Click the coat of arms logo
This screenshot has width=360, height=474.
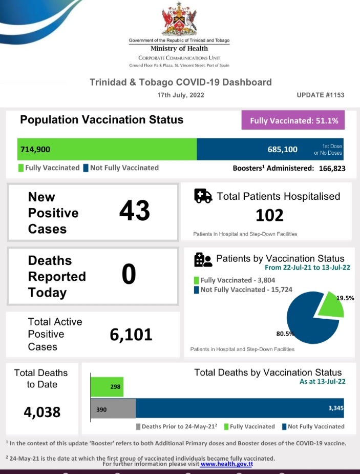[179, 20]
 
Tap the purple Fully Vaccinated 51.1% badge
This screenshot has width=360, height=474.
[293, 121]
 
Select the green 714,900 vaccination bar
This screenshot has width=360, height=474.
[107, 149]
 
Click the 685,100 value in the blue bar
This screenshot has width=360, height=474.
[282, 149]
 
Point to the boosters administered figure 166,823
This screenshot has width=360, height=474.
[330, 168]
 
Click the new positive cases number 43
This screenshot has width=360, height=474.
[134, 211]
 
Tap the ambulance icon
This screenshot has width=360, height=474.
[203, 196]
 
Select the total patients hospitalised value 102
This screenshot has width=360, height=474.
[269, 215]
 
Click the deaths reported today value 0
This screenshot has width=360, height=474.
[129, 275]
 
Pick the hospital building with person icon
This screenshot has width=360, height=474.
[203, 260]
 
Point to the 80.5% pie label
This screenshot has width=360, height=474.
[285, 334]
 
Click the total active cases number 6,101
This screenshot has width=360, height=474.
[131, 335]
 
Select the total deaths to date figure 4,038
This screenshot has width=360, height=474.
[42, 411]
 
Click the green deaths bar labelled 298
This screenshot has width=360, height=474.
[107, 387]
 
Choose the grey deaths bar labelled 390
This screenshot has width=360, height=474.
[113, 409]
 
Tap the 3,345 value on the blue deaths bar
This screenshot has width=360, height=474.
[336, 408]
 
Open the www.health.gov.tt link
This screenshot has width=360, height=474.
[226, 464]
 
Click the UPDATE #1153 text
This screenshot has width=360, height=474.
[321, 95]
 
